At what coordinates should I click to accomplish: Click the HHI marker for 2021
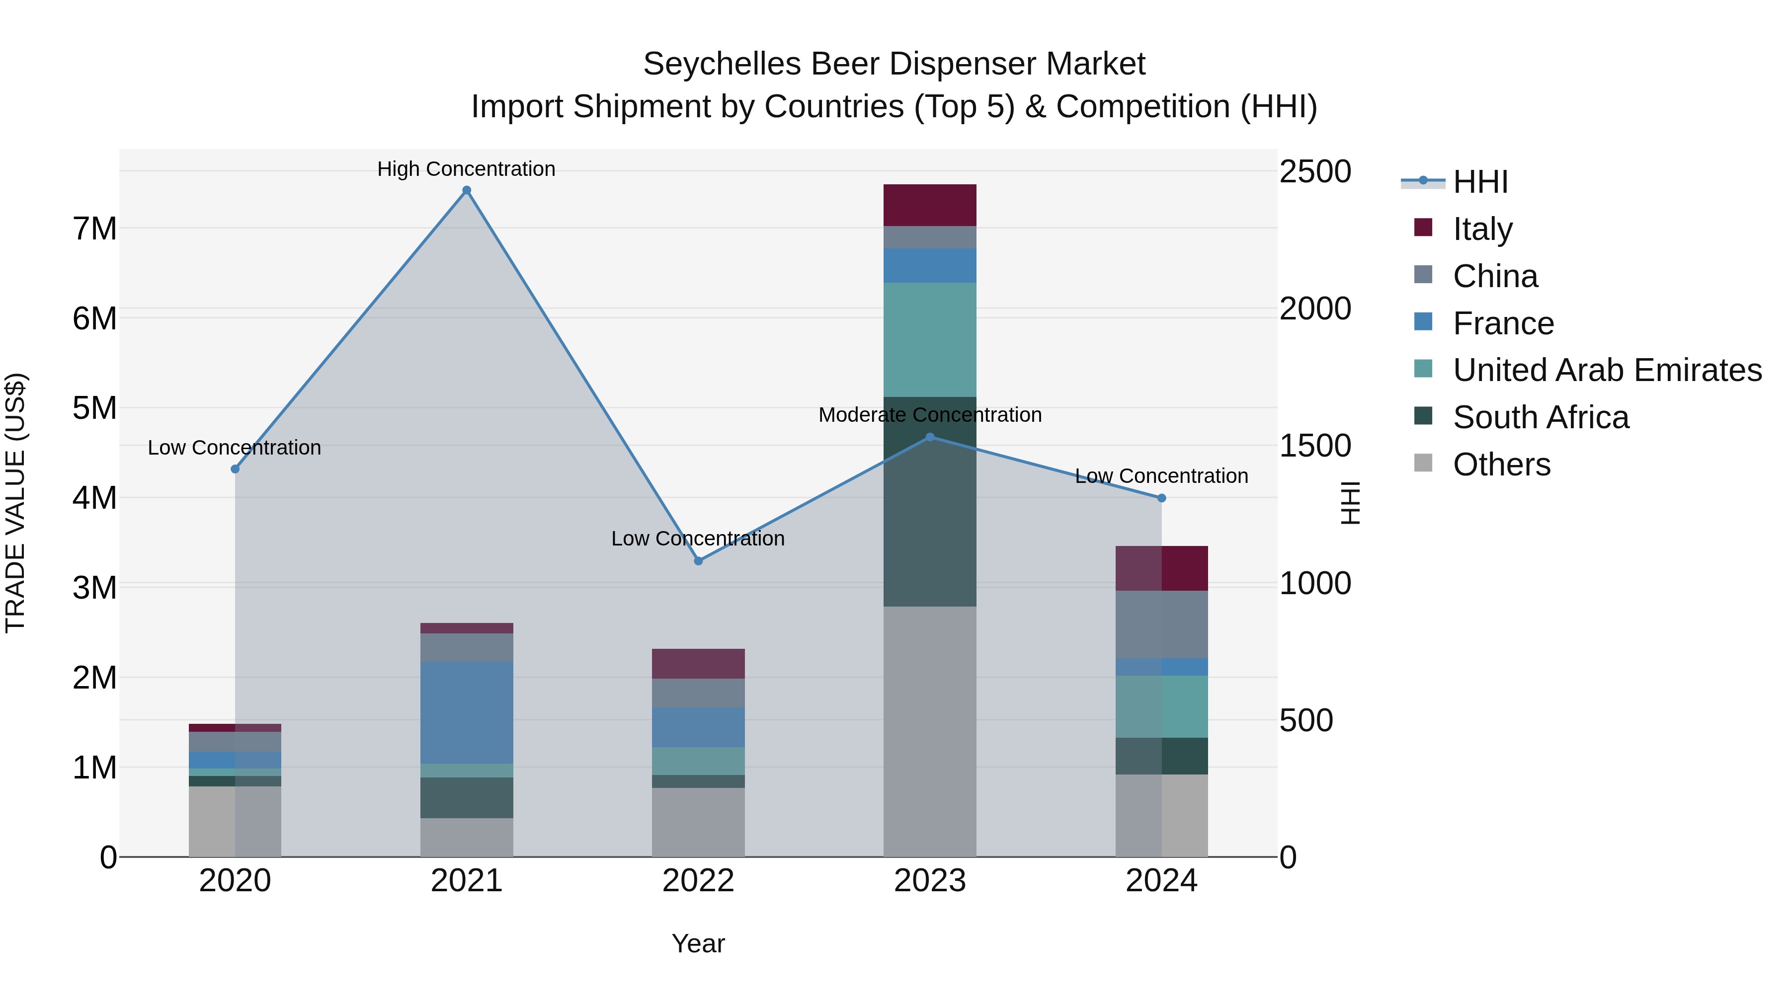pyautogui.click(x=467, y=190)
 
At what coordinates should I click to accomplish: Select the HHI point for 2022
pyautogui.click(x=699, y=561)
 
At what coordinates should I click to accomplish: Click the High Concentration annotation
pyautogui.click(x=466, y=169)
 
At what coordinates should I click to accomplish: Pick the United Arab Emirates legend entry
pyautogui.click(x=1607, y=370)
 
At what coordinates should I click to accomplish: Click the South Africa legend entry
pyautogui.click(x=1541, y=417)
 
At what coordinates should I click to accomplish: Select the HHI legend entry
pyautogui.click(x=1480, y=182)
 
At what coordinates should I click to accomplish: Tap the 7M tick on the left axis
pyautogui.click(x=94, y=229)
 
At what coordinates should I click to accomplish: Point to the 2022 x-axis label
pyautogui.click(x=699, y=881)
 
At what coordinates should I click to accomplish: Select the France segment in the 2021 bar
pyautogui.click(x=467, y=712)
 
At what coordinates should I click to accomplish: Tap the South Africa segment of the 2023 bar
pyautogui.click(x=930, y=501)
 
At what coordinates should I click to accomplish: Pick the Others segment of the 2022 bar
pyautogui.click(x=699, y=822)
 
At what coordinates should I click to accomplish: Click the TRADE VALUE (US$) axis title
pyautogui.click(x=15, y=503)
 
